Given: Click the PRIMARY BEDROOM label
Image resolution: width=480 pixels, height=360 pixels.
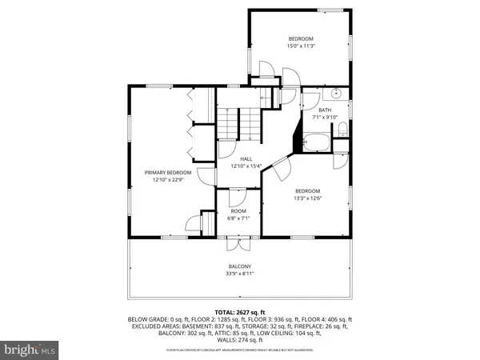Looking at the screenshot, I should (168, 173).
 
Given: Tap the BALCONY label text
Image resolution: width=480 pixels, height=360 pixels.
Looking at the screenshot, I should (240, 266).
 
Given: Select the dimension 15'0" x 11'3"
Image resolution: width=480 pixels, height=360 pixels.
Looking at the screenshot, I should (301, 46).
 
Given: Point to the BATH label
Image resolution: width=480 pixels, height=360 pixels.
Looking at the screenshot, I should (325, 110).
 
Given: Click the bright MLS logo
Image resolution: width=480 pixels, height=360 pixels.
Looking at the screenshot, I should (30, 350).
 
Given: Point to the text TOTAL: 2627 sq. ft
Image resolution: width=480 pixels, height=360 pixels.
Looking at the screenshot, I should (240, 311).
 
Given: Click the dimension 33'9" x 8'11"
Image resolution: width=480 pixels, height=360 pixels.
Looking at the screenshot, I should (240, 274).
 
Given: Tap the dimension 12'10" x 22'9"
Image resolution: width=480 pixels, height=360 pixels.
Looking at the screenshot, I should (168, 180).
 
